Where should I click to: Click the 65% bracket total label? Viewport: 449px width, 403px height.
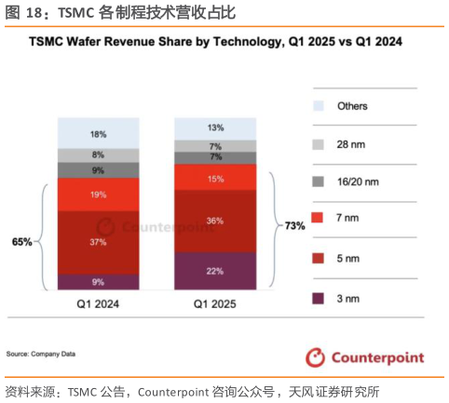coord(21,241)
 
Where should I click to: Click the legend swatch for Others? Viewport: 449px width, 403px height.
coord(319,106)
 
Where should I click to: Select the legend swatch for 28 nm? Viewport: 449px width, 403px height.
coord(319,144)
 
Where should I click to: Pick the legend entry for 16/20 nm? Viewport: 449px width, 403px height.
coord(348,183)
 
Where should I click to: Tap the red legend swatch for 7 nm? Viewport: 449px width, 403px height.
coord(319,222)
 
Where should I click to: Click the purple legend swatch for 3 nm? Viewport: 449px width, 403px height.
coord(319,298)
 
